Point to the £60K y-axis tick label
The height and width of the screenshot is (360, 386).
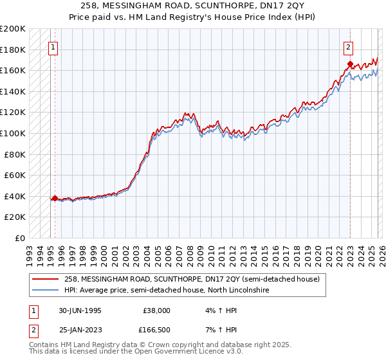point(15,175)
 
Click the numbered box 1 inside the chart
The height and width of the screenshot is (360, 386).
point(52,46)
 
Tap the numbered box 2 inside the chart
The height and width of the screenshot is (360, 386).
point(348,46)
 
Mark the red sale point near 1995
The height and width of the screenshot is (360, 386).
point(55,199)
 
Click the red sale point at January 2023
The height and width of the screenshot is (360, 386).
point(350,64)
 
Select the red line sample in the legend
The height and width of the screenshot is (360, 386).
point(46,279)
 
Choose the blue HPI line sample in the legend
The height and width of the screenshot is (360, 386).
point(46,290)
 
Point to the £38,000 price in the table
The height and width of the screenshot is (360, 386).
point(156,310)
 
